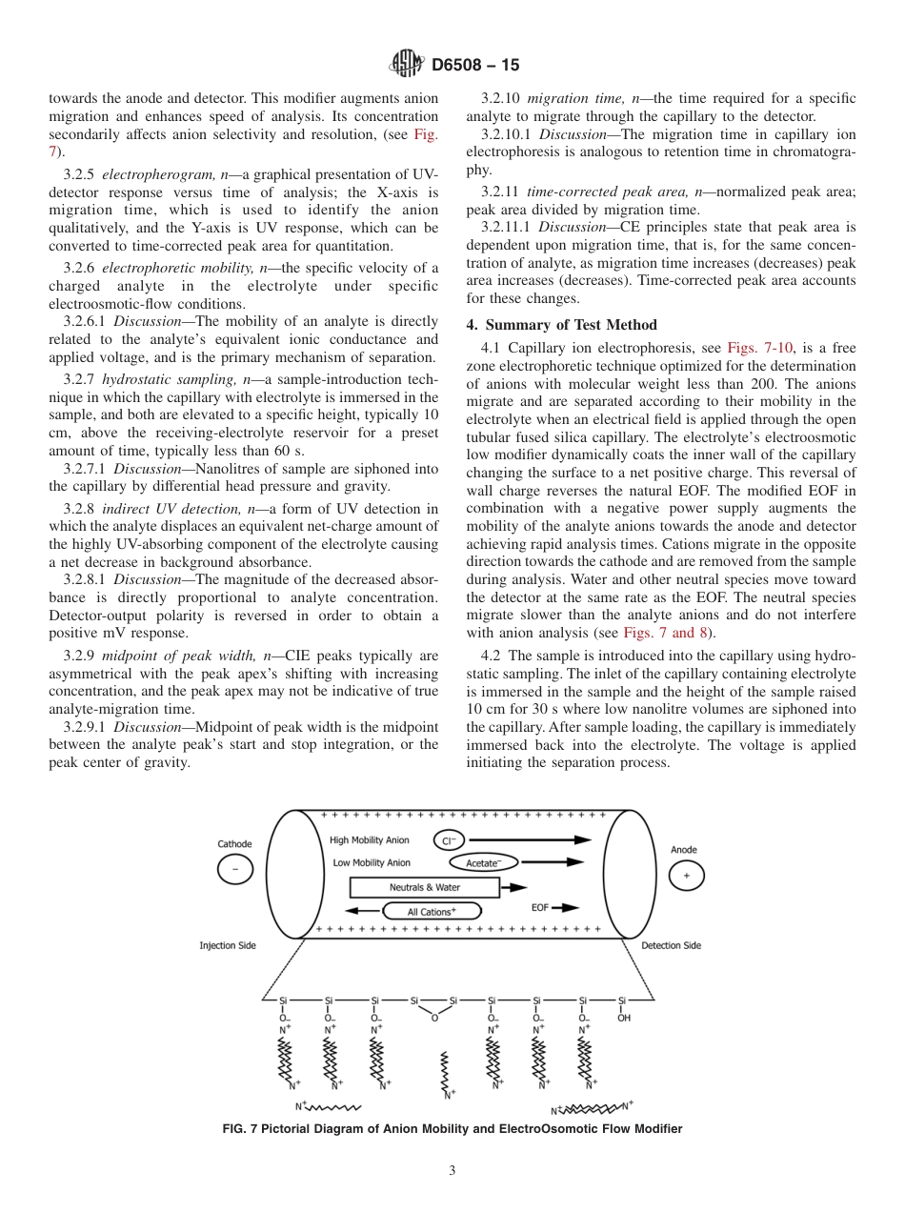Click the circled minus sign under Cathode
coord(235,869)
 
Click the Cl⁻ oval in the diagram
coord(449,840)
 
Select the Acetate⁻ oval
coord(483,863)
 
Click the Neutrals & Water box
coord(424,887)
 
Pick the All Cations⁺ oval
coord(432,912)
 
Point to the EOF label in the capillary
coord(540,908)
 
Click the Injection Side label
coord(227,945)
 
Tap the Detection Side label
coord(671,945)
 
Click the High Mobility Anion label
coord(370,840)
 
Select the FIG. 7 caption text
coord(452,1129)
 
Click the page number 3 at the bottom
coord(452,1170)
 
